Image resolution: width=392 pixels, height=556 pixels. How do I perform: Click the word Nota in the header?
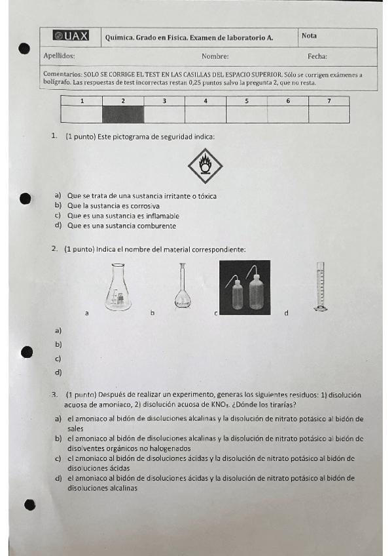[x=309, y=35]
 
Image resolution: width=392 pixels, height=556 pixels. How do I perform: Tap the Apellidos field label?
[x=59, y=56]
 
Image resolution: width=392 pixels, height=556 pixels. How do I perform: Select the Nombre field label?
[x=215, y=56]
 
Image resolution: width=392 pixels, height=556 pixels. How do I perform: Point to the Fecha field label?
[x=317, y=56]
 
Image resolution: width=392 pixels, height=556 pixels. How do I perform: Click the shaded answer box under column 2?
[x=123, y=114]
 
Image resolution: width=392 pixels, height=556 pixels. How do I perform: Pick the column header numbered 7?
[x=329, y=101]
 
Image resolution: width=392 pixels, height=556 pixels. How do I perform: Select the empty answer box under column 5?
[x=247, y=114]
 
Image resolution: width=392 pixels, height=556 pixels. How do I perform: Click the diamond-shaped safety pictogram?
[x=205, y=166]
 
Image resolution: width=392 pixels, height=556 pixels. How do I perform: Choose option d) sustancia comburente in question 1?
[x=121, y=226]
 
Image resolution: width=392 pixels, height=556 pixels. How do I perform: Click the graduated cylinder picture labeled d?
[x=320, y=287]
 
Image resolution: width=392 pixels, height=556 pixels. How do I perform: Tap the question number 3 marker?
[x=54, y=395]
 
